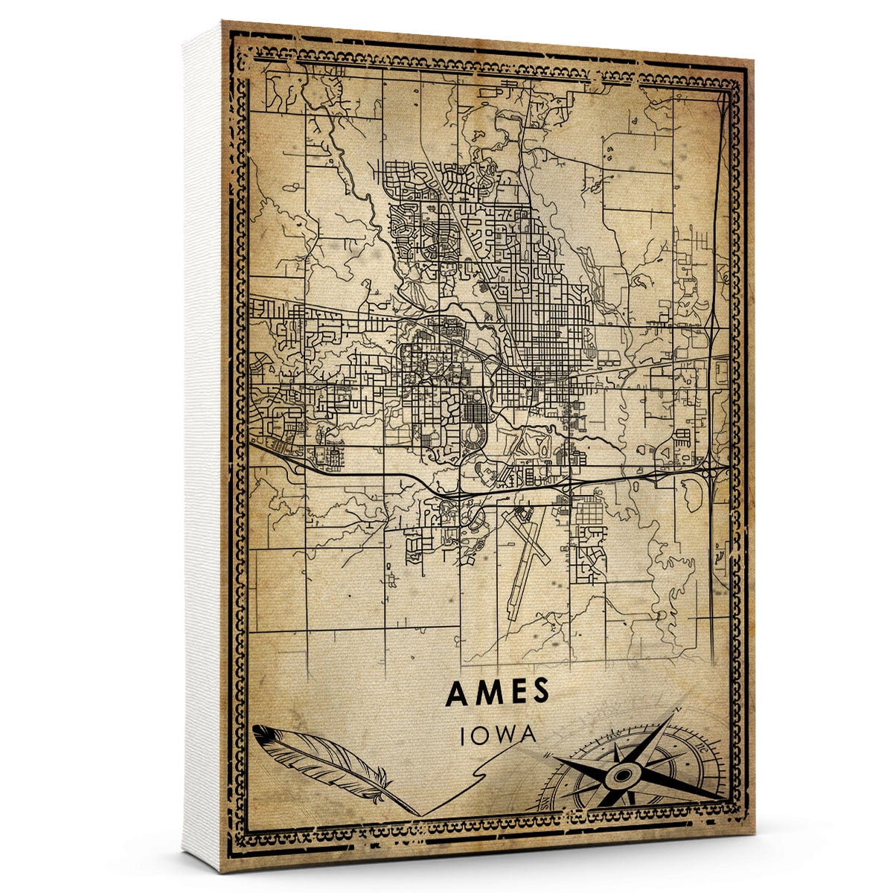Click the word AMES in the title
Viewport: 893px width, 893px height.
pos(497,692)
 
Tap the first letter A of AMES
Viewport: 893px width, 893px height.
pos(456,692)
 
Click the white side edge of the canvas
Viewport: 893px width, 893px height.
pos(201,446)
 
